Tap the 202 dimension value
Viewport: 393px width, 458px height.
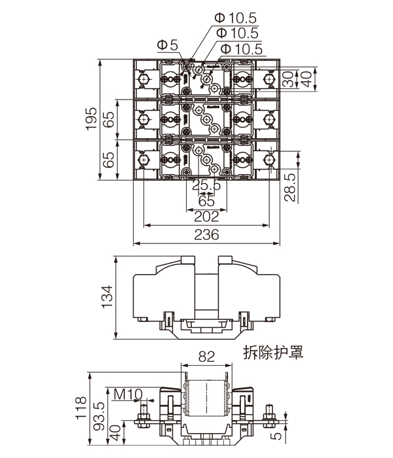(207, 217)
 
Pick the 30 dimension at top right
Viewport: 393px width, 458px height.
(288, 79)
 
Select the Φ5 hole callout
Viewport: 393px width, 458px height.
(168, 45)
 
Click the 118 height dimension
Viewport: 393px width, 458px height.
(81, 410)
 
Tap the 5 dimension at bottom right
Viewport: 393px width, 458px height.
(278, 434)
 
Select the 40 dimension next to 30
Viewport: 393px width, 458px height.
(305, 79)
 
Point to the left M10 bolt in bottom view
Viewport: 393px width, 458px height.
(143, 419)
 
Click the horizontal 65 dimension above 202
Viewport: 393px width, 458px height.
(206, 201)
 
